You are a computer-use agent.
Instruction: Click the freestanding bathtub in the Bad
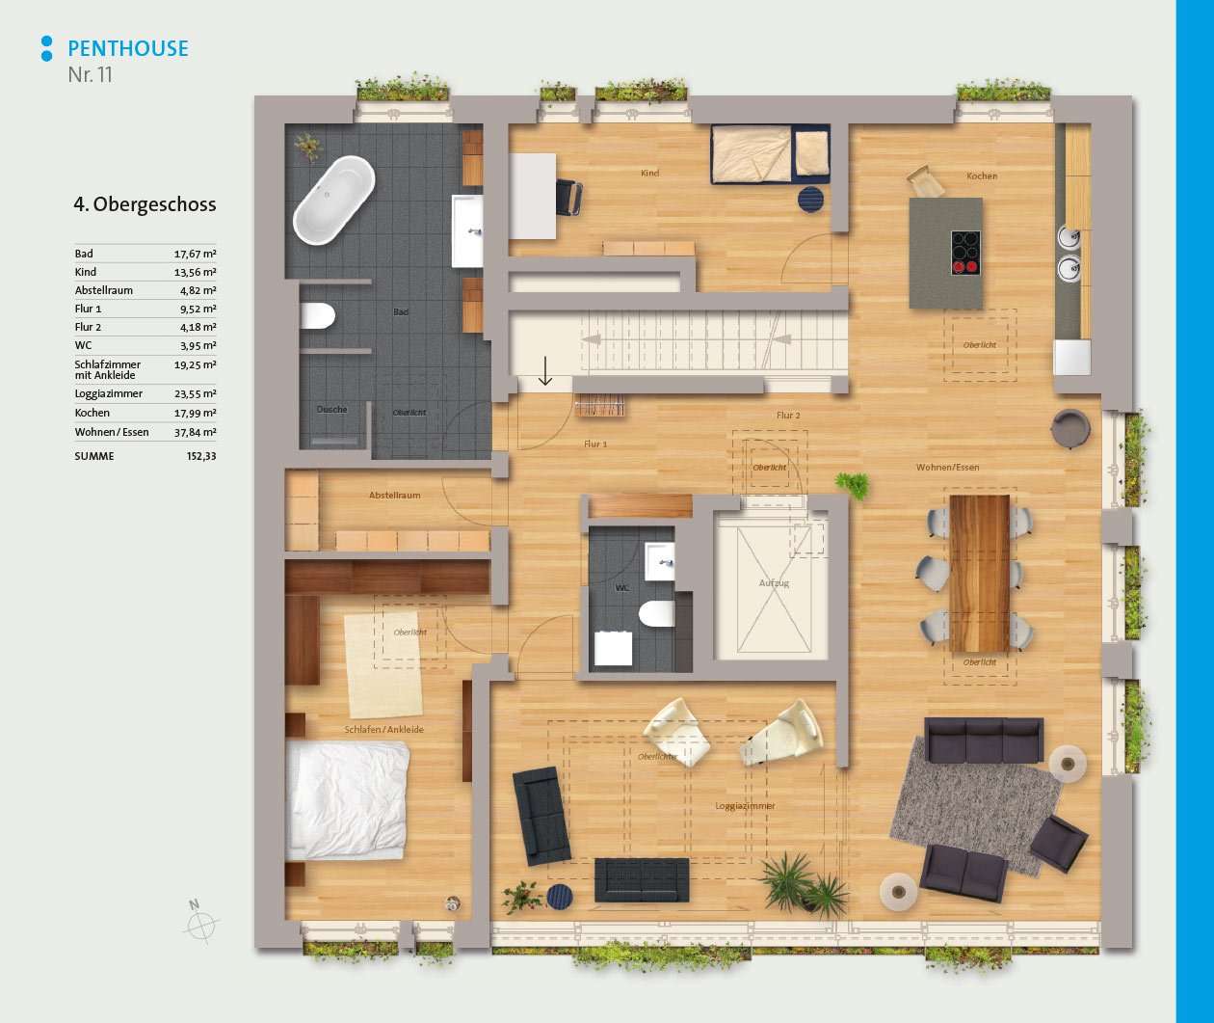[334, 200]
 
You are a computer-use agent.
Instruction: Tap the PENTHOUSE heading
[128, 48]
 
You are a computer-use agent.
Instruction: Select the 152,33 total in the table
[201, 456]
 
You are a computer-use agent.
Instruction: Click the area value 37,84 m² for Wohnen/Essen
[195, 432]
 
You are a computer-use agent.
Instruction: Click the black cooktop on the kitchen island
[965, 253]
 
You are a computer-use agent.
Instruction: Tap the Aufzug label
[774, 582]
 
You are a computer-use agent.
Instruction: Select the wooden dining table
[979, 573]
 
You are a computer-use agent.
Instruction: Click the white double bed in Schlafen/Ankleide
[347, 800]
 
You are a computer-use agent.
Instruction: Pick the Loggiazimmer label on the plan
[745, 806]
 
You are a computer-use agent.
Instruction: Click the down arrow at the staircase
[544, 370]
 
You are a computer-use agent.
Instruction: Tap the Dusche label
[332, 409]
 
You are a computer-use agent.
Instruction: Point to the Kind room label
[650, 173]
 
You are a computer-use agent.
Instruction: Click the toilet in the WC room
[656, 614]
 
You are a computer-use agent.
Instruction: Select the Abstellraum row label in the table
[103, 290]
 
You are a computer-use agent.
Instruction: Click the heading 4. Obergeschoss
[145, 204]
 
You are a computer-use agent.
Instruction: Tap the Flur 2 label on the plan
[788, 415]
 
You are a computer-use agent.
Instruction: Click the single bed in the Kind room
[771, 153]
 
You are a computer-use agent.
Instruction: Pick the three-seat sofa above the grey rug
[984, 740]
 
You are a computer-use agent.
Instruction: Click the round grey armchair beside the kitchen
[1070, 429]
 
